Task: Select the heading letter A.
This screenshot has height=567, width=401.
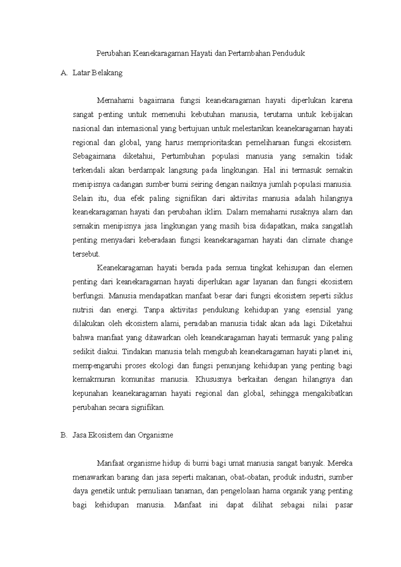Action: point(63,73)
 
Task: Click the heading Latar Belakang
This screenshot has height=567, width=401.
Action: point(98,73)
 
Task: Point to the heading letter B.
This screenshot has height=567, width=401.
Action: point(63,435)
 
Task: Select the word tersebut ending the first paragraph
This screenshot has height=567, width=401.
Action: point(86,254)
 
